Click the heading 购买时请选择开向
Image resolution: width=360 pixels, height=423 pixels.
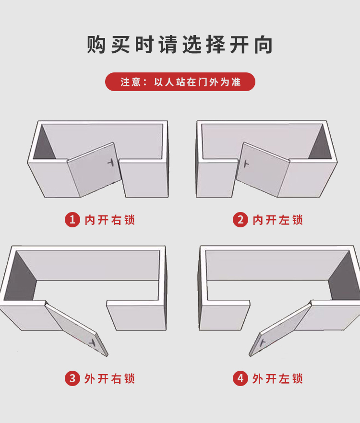180,45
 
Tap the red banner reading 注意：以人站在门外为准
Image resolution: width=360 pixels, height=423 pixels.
180,82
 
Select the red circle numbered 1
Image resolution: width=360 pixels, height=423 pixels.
72,220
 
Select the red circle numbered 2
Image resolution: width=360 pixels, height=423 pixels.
240,220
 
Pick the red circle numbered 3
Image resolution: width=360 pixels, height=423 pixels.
72,378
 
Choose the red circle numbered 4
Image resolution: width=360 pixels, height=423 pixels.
240,378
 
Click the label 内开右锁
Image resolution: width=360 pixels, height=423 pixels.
109,220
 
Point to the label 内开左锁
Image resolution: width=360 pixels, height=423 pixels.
277,220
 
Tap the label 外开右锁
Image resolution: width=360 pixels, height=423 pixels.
109,378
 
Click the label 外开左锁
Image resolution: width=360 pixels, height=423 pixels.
277,378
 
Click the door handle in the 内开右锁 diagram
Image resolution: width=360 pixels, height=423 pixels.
111,163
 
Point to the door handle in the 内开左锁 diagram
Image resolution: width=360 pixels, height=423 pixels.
246,164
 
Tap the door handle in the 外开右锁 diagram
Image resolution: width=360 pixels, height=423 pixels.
93,342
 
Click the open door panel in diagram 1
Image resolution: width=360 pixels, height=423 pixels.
94,169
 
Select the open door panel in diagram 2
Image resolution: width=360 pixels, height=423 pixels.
263,170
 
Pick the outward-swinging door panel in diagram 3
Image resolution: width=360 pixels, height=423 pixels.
76,329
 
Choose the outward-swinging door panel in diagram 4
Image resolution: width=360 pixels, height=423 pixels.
280,329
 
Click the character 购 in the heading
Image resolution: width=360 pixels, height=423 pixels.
96,45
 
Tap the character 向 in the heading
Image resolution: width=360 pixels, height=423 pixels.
264,45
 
